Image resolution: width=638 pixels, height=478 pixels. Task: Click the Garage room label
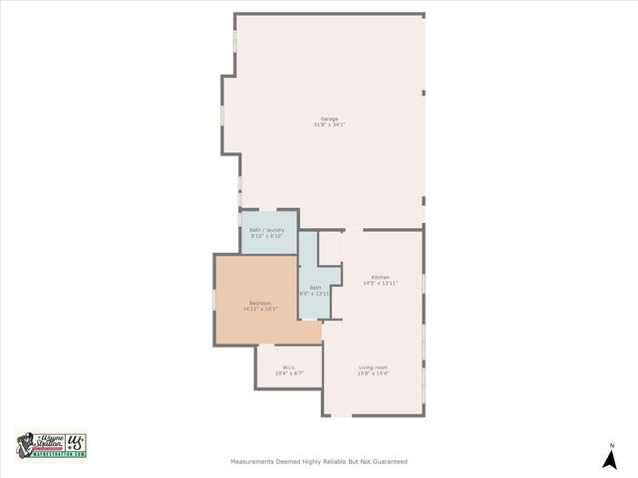tap(328, 119)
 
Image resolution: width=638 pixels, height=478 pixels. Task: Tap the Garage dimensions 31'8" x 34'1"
tap(328, 125)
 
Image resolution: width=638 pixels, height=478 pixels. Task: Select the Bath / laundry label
tap(267, 230)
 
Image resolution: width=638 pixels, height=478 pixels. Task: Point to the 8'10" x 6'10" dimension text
tap(267, 236)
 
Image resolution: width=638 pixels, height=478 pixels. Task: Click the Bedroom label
tap(259, 303)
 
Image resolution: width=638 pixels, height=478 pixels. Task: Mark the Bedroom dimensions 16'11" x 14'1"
tap(259, 309)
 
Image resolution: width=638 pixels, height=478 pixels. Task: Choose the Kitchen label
tap(380, 277)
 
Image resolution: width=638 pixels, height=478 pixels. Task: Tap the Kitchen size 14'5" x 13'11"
tap(380, 283)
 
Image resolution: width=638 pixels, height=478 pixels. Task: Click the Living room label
tap(373, 367)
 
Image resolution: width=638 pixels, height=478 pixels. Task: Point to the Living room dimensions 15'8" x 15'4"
tap(373, 373)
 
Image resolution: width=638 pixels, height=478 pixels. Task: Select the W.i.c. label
tap(288, 366)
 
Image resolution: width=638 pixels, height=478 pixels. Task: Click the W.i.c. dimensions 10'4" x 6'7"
tap(288, 372)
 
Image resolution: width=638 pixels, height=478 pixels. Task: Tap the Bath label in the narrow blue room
tap(315, 287)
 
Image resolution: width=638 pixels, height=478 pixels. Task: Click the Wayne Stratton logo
tap(51, 444)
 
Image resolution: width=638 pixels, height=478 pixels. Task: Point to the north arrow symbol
tap(611, 459)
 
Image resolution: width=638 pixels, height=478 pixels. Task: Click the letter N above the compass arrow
tap(612, 445)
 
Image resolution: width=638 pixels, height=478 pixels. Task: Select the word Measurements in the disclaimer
tap(253, 461)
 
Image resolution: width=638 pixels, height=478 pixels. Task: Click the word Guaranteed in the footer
tap(388, 461)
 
